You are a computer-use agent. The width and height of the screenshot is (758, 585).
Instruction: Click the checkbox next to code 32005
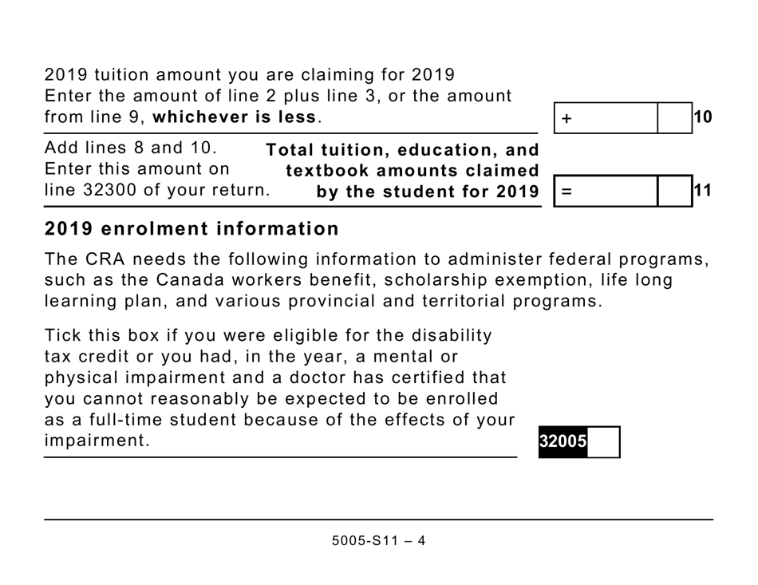click(x=604, y=441)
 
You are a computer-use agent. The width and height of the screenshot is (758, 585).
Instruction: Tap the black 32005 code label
click(x=563, y=441)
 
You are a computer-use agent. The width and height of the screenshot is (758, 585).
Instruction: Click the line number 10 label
click(x=703, y=117)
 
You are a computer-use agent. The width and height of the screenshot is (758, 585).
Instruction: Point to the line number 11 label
click(x=703, y=191)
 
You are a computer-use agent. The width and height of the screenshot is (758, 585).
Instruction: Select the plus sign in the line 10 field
click(x=567, y=118)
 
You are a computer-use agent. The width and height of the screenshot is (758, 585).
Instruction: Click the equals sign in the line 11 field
click(x=567, y=192)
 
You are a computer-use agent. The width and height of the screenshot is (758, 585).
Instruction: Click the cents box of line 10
click(x=674, y=118)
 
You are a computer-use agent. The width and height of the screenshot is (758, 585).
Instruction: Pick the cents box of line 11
click(x=674, y=192)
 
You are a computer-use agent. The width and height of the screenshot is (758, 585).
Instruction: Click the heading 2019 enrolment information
click(x=191, y=229)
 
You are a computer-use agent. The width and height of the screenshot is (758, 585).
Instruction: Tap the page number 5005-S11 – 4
click(x=378, y=540)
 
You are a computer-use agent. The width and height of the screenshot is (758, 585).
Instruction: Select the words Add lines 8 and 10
click(x=131, y=148)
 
